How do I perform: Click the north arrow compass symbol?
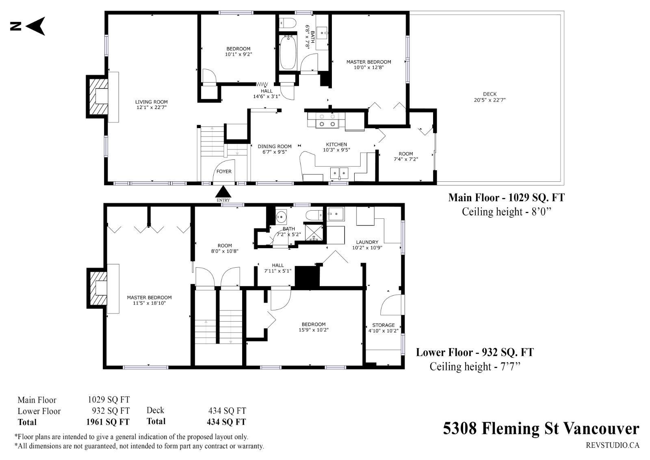(x=28, y=26)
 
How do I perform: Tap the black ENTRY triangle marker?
(x=223, y=192)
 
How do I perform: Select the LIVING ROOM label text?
(x=151, y=102)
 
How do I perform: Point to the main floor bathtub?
(x=288, y=52)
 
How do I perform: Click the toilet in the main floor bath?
(x=287, y=23)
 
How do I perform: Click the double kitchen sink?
(x=339, y=173)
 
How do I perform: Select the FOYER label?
(x=224, y=172)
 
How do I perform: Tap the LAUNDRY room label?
(x=367, y=242)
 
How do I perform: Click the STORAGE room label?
(x=383, y=325)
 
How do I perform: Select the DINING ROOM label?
(x=275, y=146)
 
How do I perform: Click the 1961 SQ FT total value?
(x=108, y=422)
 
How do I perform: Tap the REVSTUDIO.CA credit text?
(x=613, y=445)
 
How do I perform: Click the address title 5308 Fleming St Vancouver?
(x=541, y=429)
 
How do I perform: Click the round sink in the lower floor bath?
(x=281, y=216)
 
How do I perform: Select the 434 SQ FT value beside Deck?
(x=227, y=411)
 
